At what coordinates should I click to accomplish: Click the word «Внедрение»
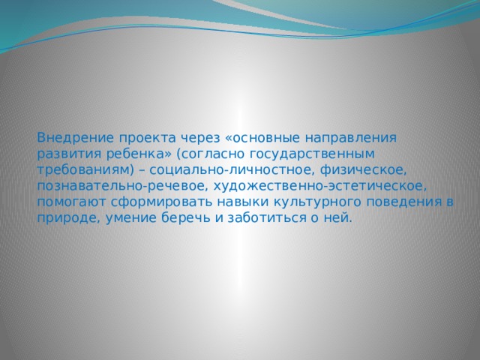[72, 138]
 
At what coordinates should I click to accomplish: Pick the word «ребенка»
[133, 154]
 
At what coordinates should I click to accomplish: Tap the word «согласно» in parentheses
[208, 154]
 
